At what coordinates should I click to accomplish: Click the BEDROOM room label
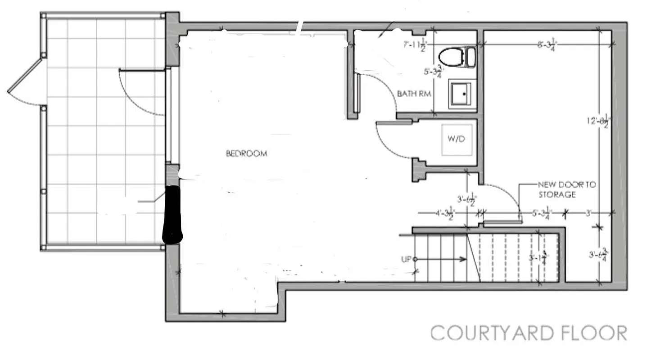(x=246, y=153)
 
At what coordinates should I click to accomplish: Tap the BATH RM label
(x=414, y=94)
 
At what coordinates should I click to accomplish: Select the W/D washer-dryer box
(x=456, y=139)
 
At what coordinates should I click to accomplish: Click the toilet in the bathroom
(x=457, y=57)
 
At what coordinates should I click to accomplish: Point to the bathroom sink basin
(x=462, y=94)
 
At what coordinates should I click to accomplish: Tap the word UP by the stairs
(x=406, y=259)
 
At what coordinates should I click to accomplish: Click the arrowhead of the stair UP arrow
(x=463, y=259)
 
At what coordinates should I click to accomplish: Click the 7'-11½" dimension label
(x=414, y=44)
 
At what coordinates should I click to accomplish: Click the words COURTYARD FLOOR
(x=528, y=333)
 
